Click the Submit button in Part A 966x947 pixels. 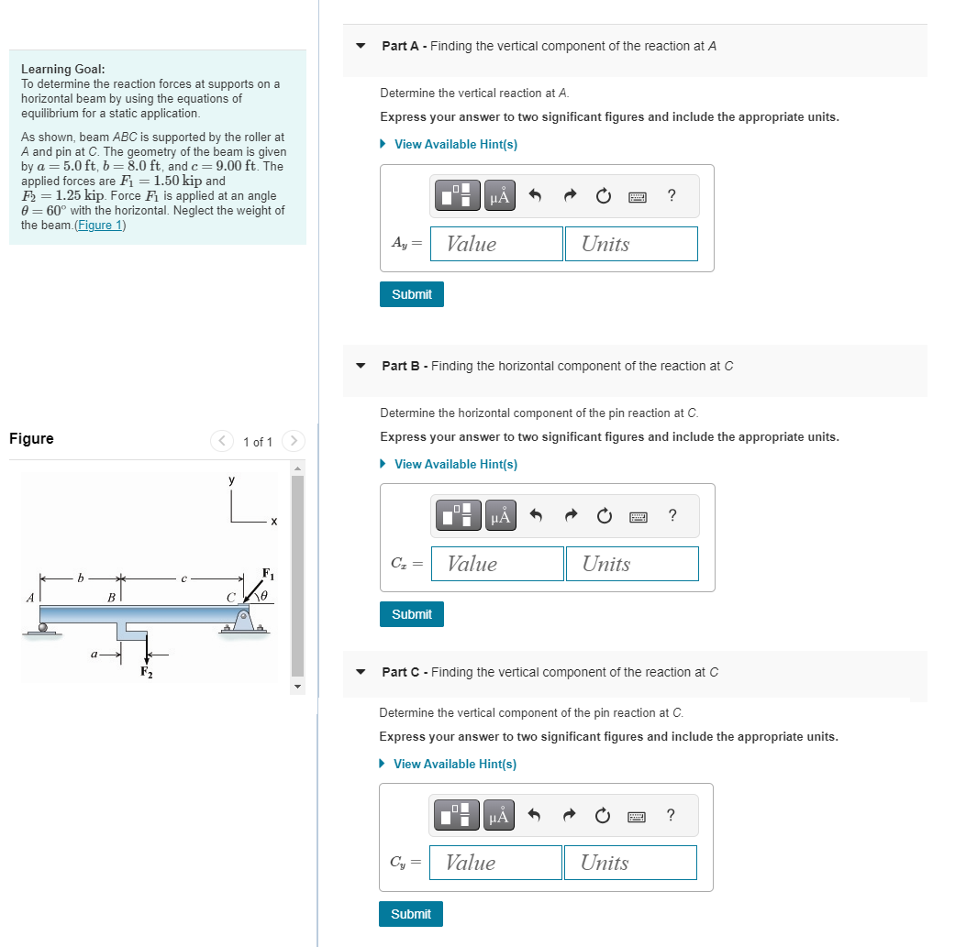coord(411,294)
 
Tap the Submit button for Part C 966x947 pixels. coord(410,914)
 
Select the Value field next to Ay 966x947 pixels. coord(496,244)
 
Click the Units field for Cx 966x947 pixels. coord(631,564)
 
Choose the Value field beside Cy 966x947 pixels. coord(495,863)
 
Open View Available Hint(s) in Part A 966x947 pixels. coord(455,145)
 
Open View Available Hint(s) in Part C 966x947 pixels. coord(454,765)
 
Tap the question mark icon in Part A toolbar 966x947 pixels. coord(672,195)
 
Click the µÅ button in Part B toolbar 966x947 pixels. coord(500,516)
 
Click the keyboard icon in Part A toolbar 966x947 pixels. coord(638,196)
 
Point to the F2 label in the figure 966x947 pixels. coord(146,672)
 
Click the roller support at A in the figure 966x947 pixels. coord(43,628)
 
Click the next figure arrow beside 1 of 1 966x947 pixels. coord(293,442)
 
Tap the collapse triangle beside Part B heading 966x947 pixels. coord(361,366)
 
